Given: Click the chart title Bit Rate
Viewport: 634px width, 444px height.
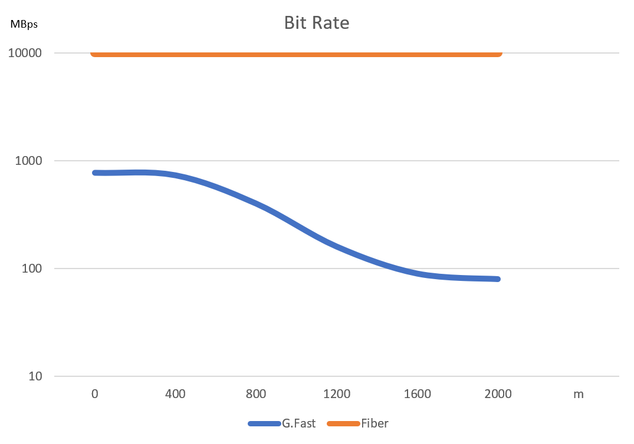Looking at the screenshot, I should coord(317,23).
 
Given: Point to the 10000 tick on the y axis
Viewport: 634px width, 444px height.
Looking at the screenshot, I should coord(25,53).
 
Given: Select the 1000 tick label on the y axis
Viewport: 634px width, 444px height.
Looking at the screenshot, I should coord(28,161).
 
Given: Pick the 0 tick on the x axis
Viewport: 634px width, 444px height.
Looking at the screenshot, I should coord(94,394).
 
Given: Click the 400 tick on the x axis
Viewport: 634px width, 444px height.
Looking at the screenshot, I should coord(175,394).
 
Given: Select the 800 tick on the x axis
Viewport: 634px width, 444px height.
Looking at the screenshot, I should coord(256,394).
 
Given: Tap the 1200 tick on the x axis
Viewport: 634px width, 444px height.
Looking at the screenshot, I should coord(337,394).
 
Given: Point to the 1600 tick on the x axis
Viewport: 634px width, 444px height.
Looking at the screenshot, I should coord(418,394).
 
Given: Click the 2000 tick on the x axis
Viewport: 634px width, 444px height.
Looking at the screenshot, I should coord(498,394).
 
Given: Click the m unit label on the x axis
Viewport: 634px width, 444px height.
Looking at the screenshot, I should coord(579,394).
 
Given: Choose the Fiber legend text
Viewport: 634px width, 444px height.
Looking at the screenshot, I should coord(375,423).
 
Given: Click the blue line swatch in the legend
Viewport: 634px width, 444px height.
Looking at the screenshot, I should coord(264,423).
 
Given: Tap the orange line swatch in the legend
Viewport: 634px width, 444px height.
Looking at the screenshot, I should coord(343,423).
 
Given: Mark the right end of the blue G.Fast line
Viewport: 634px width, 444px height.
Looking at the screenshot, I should coord(498,279).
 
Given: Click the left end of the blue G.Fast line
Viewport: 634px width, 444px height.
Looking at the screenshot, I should coord(95,173).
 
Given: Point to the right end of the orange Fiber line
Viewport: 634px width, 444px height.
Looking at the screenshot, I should coord(499,54).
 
